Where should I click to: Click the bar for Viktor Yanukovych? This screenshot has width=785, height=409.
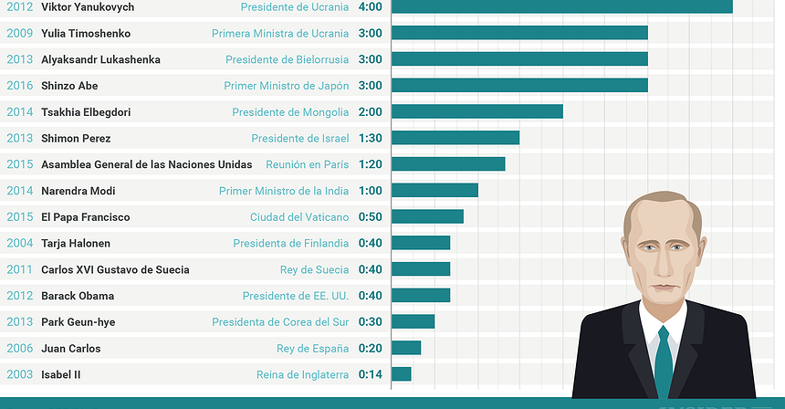561,7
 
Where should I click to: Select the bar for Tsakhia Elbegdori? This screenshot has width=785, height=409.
476,112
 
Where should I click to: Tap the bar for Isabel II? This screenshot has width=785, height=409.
402,374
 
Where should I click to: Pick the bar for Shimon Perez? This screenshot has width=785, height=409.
455,139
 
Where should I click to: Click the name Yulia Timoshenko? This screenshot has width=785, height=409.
86,34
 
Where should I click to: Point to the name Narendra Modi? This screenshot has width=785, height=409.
78,191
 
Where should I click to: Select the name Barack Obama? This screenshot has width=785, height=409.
78,296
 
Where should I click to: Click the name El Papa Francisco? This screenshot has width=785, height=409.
86,217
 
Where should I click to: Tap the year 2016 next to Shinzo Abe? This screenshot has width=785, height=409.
19,86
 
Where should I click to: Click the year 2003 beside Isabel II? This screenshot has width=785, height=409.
19,374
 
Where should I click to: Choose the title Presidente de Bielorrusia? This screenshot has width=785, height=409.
287,59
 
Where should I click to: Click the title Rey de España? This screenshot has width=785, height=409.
312,349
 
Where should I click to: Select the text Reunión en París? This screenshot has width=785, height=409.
307,164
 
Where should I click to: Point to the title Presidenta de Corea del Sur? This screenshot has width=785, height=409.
280,322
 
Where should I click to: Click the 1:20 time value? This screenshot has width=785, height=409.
370,164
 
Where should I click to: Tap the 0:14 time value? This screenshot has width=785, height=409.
370,374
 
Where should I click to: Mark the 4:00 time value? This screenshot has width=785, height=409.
370,7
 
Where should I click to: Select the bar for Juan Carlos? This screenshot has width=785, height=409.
406,348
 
